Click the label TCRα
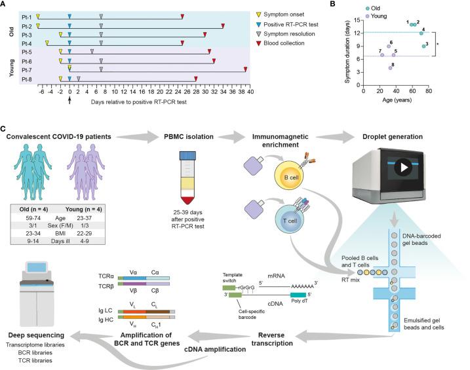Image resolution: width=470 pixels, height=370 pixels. (106, 277)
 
